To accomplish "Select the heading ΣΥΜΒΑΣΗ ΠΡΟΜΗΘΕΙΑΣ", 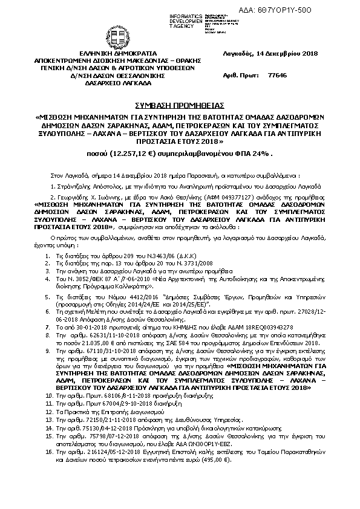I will [x=180, y=104].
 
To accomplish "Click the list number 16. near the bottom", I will [x=49, y=468].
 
